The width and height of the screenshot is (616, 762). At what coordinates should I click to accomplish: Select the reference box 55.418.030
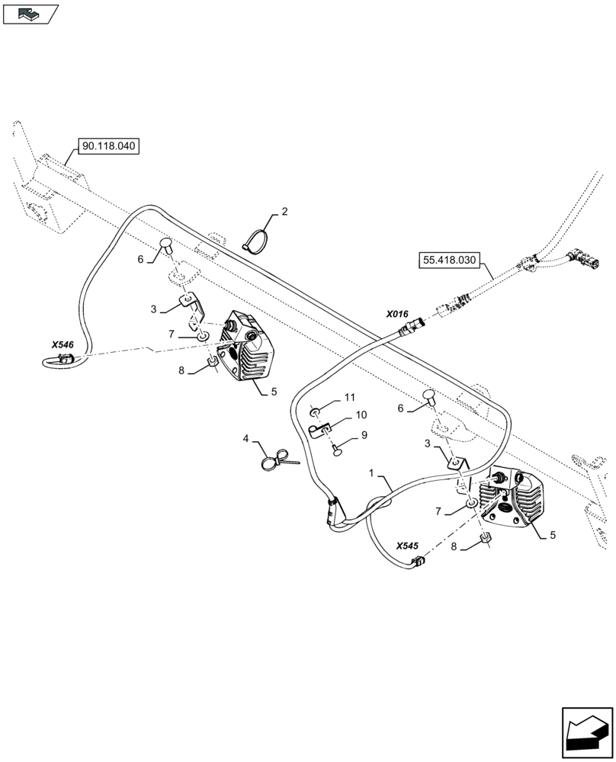tap(450, 261)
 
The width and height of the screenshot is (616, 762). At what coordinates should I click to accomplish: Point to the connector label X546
tap(63, 345)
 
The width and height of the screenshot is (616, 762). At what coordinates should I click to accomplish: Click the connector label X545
tap(408, 546)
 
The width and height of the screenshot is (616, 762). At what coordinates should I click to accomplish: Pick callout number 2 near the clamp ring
tap(284, 211)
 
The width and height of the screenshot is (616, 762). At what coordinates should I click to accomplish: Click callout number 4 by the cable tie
tap(246, 438)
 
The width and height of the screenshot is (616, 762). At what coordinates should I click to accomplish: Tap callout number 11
tap(349, 398)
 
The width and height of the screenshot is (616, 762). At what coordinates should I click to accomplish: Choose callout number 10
tap(361, 415)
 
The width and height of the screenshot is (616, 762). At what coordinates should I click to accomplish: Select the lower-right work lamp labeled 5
tap(514, 501)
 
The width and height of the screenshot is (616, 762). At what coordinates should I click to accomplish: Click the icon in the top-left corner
tap(30, 12)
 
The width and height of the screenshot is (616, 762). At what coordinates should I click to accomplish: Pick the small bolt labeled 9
tap(335, 450)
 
